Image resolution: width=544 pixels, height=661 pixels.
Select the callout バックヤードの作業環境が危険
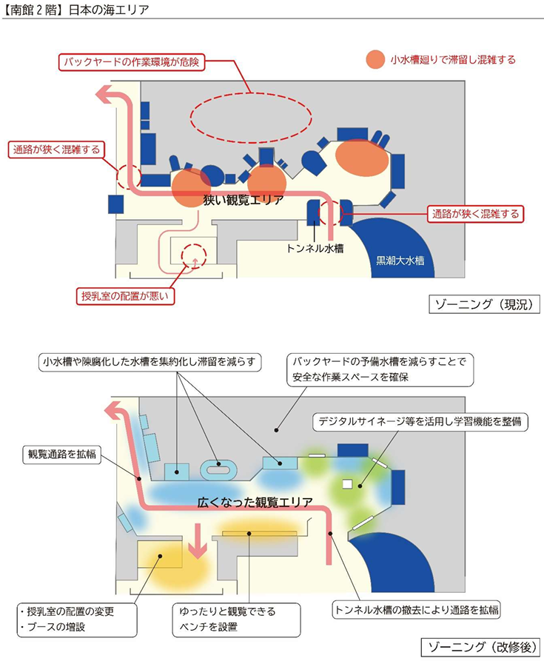coord(131,61)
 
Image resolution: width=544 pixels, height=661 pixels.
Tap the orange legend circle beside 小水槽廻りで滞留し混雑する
coord(377,59)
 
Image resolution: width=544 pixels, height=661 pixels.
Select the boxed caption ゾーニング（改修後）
coord(479,645)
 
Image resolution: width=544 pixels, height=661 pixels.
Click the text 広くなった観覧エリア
coord(255,501)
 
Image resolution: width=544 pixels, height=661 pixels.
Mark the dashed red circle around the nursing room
coord(195,255)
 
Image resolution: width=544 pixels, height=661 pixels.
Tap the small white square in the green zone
coord(346,484)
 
